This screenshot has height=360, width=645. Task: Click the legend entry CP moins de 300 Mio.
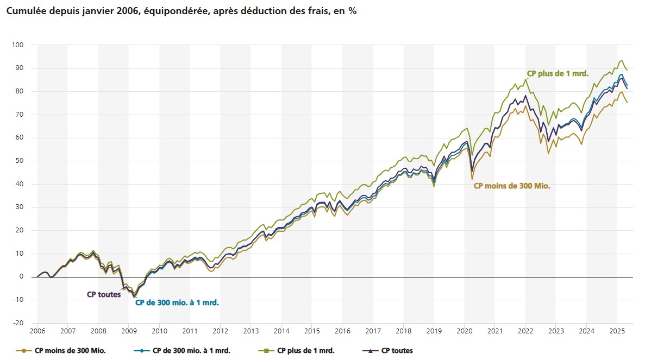pos(68,351)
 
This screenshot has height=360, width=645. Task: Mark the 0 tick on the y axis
pos(22,277)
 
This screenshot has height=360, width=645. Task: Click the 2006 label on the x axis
pos(37,331)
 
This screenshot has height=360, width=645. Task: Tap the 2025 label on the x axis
pos(617,331)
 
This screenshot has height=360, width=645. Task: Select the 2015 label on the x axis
pos(312,331)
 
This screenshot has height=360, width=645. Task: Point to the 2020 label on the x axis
pos(464,331)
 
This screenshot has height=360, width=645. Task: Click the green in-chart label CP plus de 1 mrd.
pos(565,73)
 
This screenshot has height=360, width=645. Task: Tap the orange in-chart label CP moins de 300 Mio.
pos(512,186)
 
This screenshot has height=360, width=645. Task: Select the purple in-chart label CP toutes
pos(104,294)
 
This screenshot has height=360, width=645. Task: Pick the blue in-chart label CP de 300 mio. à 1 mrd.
pos(177,303)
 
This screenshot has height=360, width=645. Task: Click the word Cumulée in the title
pos(24,11)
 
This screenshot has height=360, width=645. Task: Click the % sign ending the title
pos(353,11)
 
